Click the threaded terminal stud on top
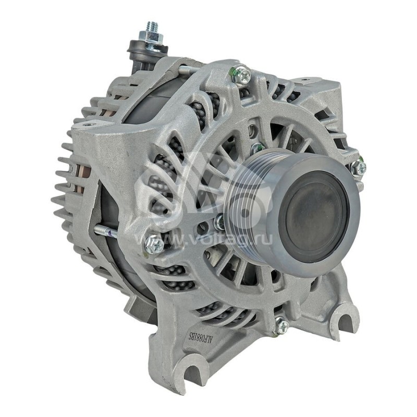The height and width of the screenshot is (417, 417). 152,27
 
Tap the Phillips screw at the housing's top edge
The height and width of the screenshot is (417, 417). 240,76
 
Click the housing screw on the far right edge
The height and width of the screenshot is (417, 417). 358,168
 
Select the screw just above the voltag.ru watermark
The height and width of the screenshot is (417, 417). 154,243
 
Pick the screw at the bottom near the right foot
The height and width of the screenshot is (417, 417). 281,326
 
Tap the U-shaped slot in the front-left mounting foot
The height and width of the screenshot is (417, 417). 193,374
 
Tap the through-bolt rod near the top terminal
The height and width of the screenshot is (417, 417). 185,69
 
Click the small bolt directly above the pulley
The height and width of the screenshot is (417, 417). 257,149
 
